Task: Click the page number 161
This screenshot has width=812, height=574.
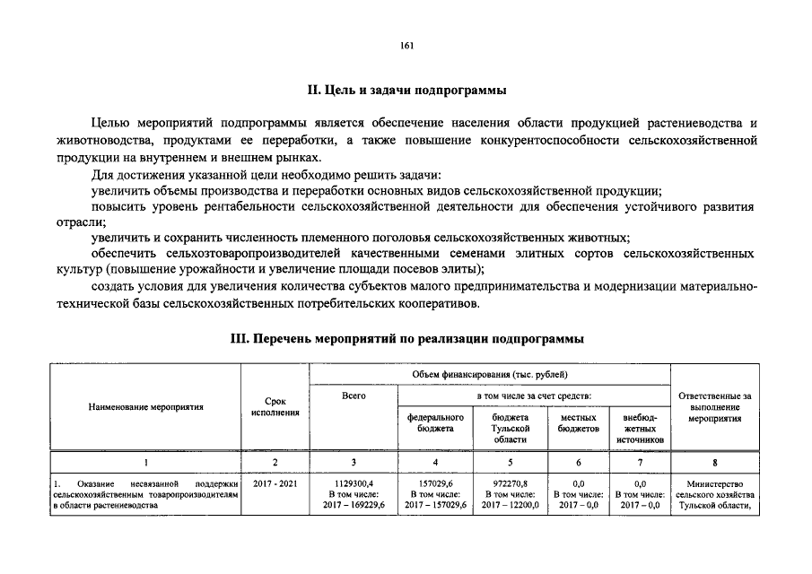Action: point(406,46)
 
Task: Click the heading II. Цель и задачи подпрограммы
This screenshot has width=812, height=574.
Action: point(406,91)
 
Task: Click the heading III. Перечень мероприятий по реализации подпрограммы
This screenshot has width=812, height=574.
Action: point(406,339)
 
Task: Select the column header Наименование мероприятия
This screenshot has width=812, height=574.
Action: point(145,406)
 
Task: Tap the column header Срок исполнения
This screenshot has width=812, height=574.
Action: point(275,406)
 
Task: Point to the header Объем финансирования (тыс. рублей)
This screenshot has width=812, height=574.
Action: point(490,374)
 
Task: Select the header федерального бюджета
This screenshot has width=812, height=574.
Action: point(435,423)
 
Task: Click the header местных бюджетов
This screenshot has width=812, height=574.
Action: point(578,423)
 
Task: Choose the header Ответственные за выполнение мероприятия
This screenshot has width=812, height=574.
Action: point(714,406)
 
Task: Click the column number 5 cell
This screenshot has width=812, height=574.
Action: point(510,463)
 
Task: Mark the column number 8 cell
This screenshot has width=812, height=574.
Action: point(714,463)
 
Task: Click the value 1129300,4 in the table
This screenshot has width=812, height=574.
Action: point(354,483)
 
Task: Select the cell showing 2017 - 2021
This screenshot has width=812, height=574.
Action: point(275,483)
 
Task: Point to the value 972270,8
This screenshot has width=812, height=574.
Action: point(510,483)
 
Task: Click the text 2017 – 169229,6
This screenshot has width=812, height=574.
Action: point(354,505)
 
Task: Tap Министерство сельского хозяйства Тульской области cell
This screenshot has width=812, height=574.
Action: point(714,494)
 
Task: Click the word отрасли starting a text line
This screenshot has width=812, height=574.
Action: point(74,222)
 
